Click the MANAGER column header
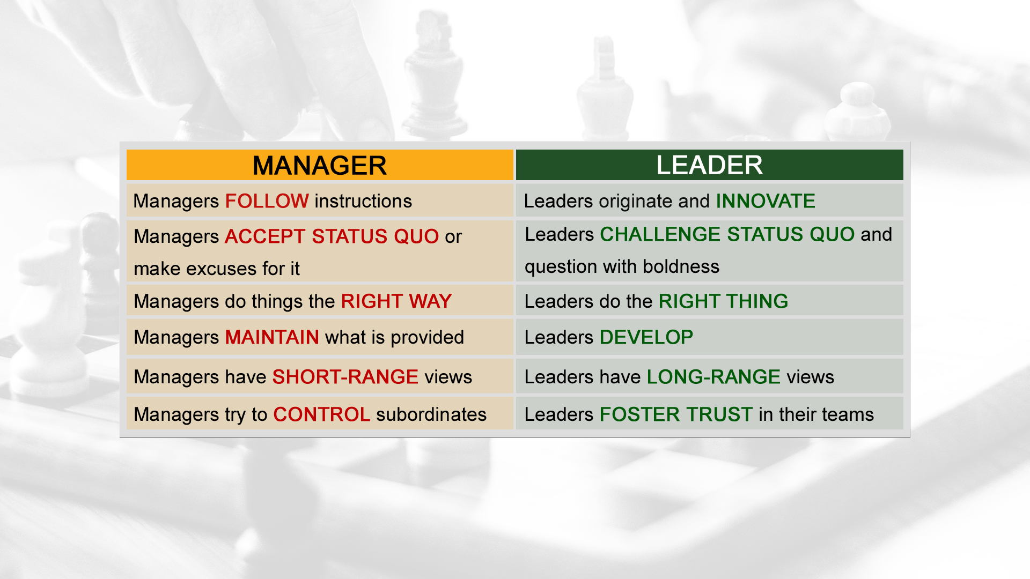click(320, 165)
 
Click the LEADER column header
click(709, 165)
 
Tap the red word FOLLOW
click(267, 201)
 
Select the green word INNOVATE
click(766, 201)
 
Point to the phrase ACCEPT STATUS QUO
click(332, 236)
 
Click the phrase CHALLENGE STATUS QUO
click(727, 234)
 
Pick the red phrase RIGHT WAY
click(396, 301)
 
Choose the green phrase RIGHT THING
click(723, 301)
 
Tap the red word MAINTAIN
click(272, 337)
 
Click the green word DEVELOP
click(646, 337)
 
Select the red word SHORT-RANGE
click(345, 377)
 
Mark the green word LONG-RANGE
click(713, 377)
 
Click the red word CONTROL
click(321, 414)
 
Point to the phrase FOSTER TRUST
click(676, 414)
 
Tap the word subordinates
click(431, 414)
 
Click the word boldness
click(681, 266)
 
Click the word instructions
click(363, 201)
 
